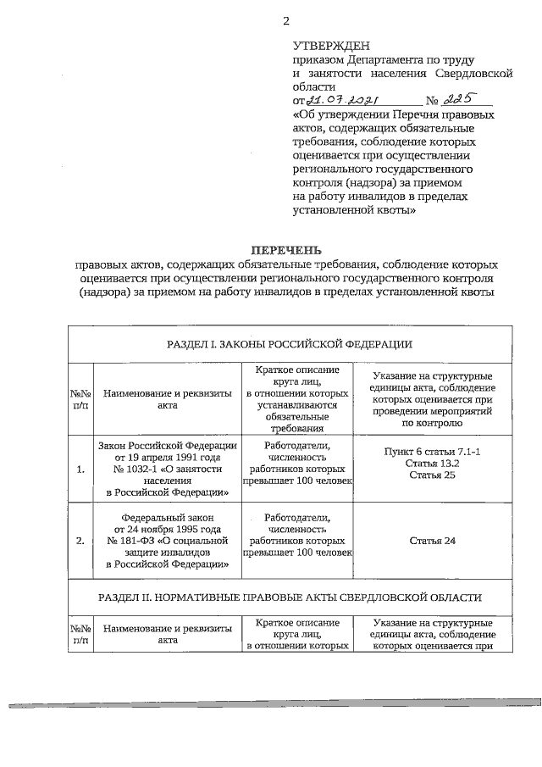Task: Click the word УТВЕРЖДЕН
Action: [x=331, y=46]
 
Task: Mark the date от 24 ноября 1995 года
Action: [x=167, y=527]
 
